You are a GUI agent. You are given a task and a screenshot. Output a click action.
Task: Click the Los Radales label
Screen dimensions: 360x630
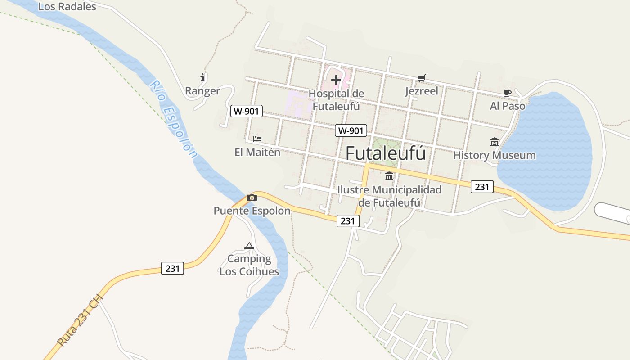[67, 7]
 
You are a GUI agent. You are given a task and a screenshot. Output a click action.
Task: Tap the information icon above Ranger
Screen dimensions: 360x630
[202, 77]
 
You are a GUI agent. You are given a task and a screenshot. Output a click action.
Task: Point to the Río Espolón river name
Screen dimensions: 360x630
[174, 119]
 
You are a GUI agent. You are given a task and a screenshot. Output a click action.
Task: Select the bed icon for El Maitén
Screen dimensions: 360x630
[257, 139]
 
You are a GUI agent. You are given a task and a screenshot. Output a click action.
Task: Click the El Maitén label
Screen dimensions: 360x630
[257, 152]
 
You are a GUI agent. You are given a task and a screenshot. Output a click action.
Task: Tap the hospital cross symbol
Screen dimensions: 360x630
[336, 81]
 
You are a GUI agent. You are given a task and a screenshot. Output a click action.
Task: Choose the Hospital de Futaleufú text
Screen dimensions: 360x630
[336, 100]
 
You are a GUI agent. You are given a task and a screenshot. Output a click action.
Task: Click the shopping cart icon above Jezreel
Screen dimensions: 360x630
[421, 78]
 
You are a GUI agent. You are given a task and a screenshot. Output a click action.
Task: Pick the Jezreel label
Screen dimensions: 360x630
[421, 91]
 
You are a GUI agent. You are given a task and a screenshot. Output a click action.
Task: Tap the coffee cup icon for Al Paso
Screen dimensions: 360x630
[508, 93]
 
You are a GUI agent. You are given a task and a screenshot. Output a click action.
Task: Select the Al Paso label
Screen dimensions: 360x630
[508, 106]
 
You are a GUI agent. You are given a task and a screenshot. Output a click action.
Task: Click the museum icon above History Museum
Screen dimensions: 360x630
[495, 142]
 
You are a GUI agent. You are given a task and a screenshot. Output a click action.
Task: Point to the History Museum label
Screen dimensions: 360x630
[495, 156]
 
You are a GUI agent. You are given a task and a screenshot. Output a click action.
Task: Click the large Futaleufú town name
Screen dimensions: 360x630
[386, 153]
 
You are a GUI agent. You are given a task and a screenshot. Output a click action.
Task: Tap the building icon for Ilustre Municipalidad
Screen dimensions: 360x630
[389, 176]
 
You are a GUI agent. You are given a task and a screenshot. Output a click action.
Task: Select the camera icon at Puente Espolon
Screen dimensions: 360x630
[252, 198]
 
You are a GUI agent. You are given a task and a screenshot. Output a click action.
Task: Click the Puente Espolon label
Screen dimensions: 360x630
[252, 211]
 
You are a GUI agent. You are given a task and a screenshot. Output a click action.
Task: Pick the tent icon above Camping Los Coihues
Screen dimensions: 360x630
[249, 246]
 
